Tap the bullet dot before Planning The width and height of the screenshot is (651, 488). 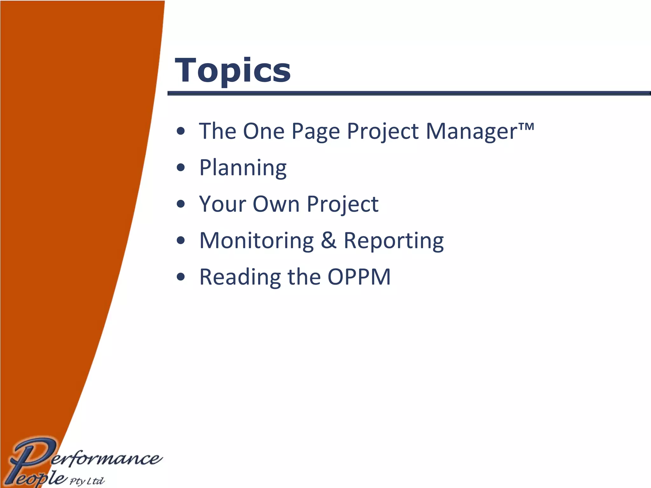(181, 167)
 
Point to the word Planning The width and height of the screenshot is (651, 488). (243, 168)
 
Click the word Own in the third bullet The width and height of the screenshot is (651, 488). (276, 204)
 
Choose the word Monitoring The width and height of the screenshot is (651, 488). (257, 241)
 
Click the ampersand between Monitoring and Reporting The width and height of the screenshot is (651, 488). (328, 241)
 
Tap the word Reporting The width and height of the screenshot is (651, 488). (394, 241)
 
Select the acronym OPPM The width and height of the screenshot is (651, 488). (359, 277)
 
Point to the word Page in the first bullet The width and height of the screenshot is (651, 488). (316, 132)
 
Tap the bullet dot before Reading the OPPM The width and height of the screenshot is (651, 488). (181, 277)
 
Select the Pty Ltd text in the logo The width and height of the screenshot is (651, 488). (87, 481)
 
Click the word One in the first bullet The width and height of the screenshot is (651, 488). (264, 131)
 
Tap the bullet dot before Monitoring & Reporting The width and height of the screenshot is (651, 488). (181, 241)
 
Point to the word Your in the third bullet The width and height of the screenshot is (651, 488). (222, 204)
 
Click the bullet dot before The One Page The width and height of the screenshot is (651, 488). (181, 131)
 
